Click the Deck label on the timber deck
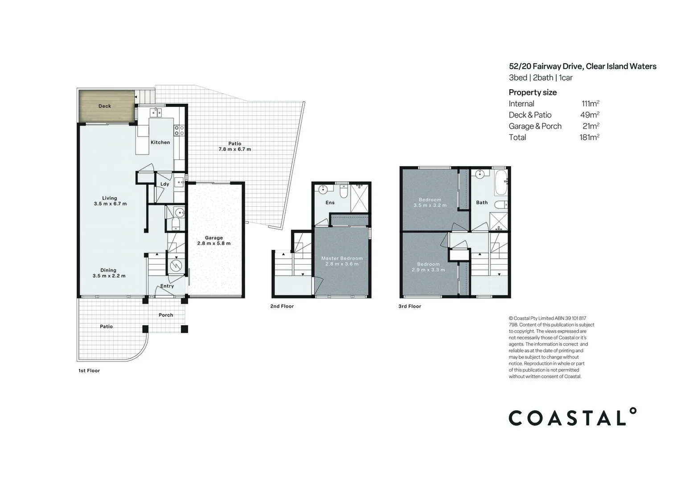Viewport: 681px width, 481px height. point(105,106)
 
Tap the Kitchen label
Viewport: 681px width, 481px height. point(160,143)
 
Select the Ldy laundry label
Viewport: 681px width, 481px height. point(164,184)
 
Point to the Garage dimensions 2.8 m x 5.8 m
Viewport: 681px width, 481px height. point(214,244)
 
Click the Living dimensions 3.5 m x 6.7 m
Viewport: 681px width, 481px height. point(110,204)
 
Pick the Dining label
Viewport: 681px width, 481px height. point(108,270)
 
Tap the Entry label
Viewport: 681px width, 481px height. point(167,286)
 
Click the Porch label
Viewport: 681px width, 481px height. point(166,315)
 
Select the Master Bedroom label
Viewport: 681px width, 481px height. point(342,258)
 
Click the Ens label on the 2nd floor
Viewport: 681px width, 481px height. point(330,203)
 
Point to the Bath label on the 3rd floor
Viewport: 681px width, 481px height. point(482,202)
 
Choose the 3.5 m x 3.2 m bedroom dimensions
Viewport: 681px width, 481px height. point(430,205)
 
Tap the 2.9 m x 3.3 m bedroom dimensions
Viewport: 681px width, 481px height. point(428,270)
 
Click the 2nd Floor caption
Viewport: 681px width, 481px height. point(282,306)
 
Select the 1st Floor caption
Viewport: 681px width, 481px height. point(89,371)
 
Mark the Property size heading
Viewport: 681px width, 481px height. point(533,92)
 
